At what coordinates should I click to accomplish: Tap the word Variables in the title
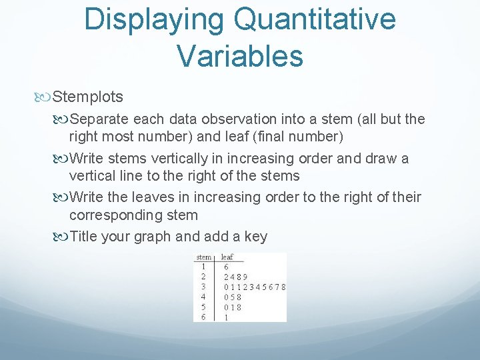click(x=240, y=56)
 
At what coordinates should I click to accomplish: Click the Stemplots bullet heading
click(x=87, y=97)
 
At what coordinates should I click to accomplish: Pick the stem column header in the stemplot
click(x=204, y=257)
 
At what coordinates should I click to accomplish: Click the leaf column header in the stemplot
click(x=227, y=257)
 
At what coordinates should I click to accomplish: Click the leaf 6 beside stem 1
click(x=227, y=267)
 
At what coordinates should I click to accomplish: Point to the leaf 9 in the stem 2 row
click(x=245, y=277)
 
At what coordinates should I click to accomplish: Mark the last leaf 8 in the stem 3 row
click(x=283, y=287)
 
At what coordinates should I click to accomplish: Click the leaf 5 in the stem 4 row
click(x=233, y=297)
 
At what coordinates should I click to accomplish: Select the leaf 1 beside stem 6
click(x=227, y=317)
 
